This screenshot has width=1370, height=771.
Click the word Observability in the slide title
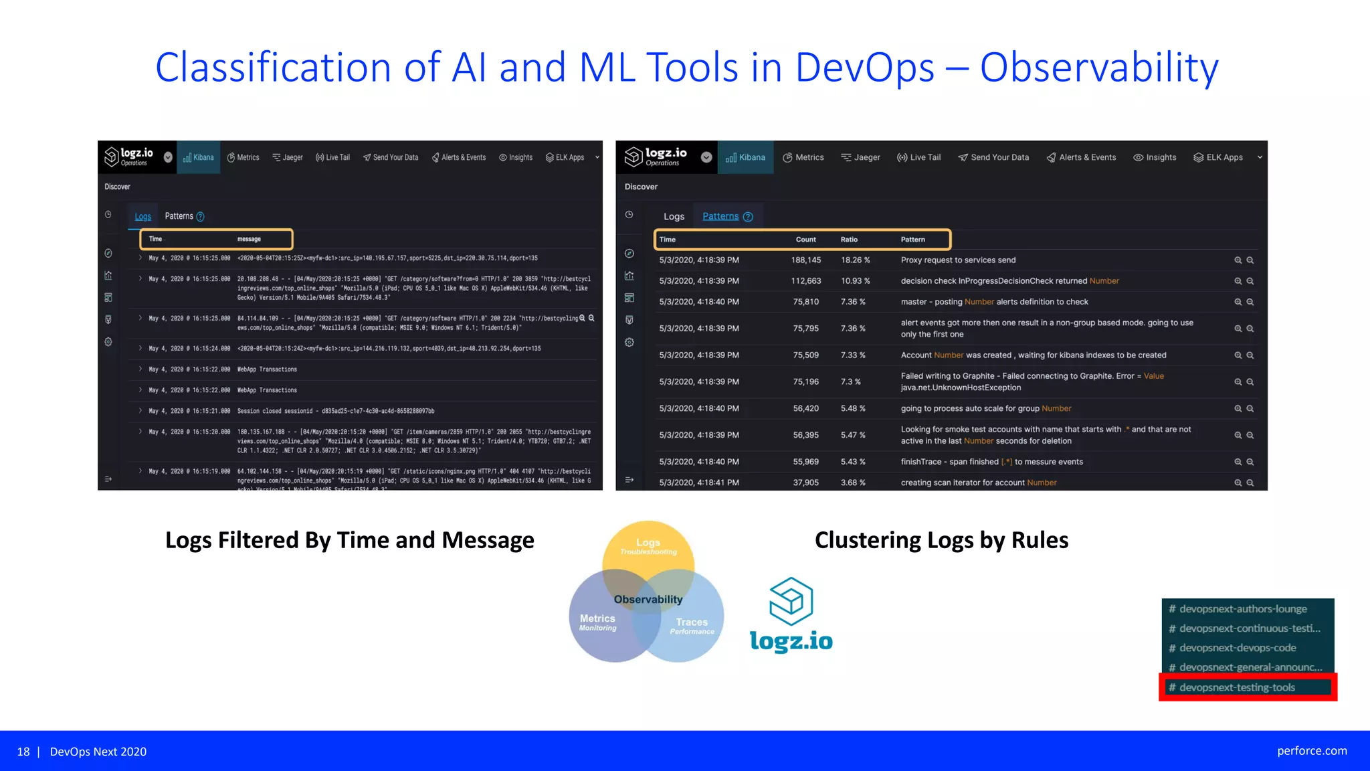[x=1099, y=68]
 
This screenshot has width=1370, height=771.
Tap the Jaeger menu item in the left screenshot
[x=288, y=157]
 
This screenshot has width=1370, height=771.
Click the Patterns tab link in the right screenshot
[x=720, y=216]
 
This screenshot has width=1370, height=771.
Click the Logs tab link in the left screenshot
[x=142, y=216]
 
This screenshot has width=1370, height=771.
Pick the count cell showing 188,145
[x=805, y=260]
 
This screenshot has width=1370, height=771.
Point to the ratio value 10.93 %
[x=855, y=281]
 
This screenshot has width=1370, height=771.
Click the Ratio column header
[x=849, y=240]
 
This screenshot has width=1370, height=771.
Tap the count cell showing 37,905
[x=805, y=483]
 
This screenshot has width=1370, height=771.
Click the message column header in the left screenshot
[x=249, y=239]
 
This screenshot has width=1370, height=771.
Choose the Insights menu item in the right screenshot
[x=1155, y=157]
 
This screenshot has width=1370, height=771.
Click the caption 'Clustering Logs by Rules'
[x=941, y=540]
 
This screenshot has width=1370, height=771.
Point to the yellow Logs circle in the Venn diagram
[x=648, y=546]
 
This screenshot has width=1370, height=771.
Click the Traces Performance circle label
[x=692, y=626]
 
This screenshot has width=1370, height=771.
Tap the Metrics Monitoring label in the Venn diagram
[x=597, y=622]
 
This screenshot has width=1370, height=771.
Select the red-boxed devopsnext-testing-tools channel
[x=1237, y=687]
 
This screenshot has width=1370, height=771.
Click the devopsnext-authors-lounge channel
[x=1242, y=609]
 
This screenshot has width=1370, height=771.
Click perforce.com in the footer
[x=1311, y=751]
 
